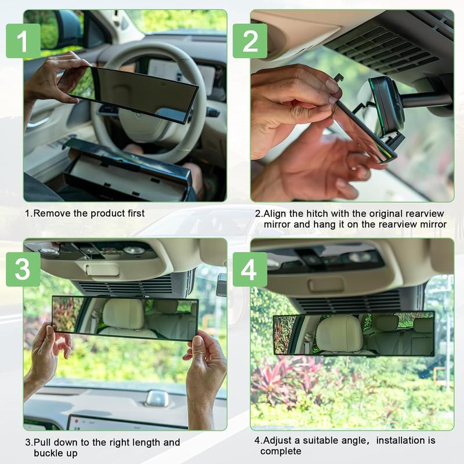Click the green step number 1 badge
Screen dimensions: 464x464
(23, 41)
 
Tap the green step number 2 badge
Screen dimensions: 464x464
(249, 41)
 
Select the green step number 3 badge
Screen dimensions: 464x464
(23, 269)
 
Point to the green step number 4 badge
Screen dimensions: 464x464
(249, 269)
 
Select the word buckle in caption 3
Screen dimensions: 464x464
(48, 453)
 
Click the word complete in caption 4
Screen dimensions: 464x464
(281, 451)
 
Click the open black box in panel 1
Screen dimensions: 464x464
(128, 171)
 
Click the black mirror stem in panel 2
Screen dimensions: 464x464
(426, 100)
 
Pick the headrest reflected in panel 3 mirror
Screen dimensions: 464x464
(122, 315)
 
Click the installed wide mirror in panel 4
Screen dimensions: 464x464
(353, 333)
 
